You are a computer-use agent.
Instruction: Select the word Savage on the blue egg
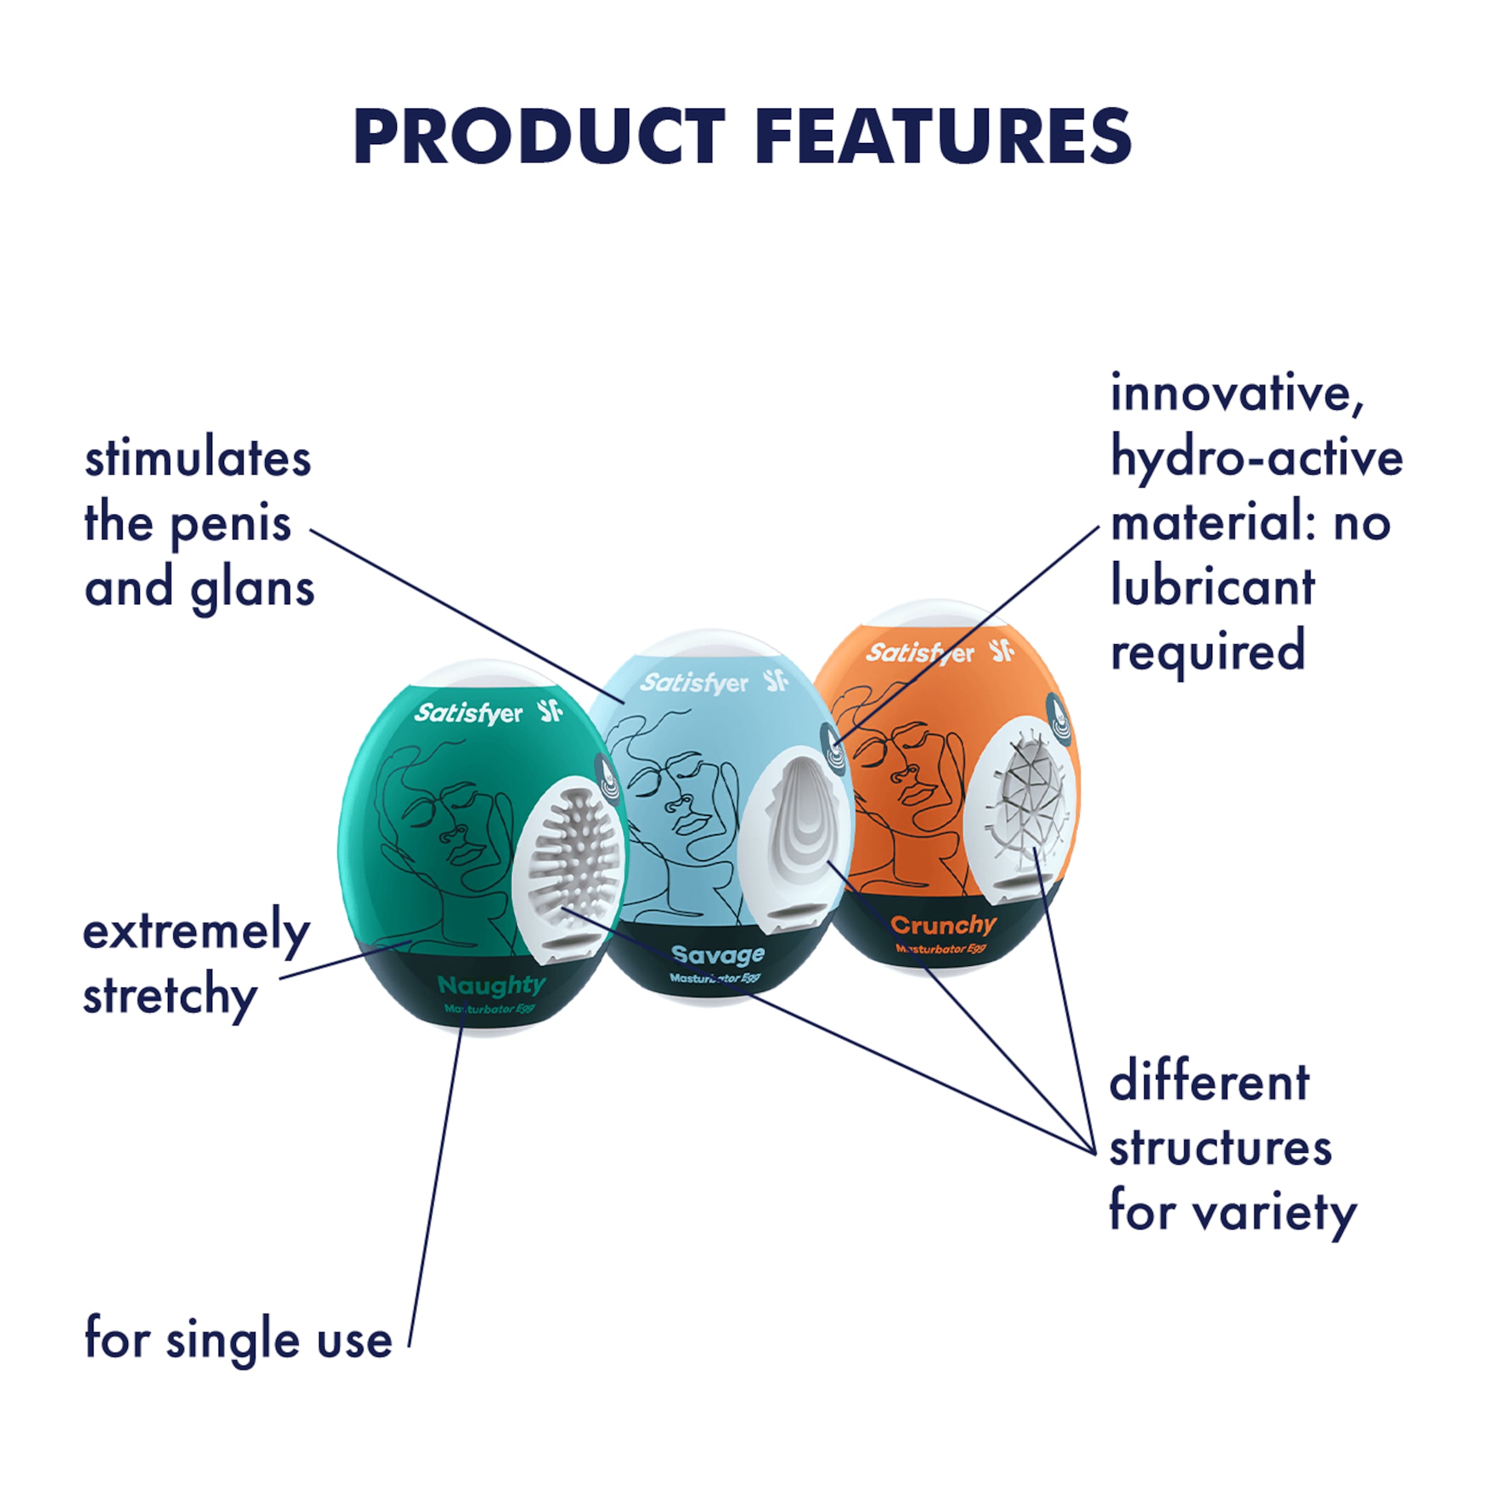click(x=718, y=955)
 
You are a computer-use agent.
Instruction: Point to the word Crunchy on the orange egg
click(x=943, y=924)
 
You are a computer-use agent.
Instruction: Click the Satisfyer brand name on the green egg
click(x=469, y=715)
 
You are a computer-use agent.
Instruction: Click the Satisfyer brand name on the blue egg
click(x=693, y=683)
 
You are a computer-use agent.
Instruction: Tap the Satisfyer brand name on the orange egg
click(x=920, y=653)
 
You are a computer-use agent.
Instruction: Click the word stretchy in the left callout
click(x=170, y=997)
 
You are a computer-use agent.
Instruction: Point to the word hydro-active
click(x=1257, y=459)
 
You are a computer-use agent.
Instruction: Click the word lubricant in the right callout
click(x=1213, y=587)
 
